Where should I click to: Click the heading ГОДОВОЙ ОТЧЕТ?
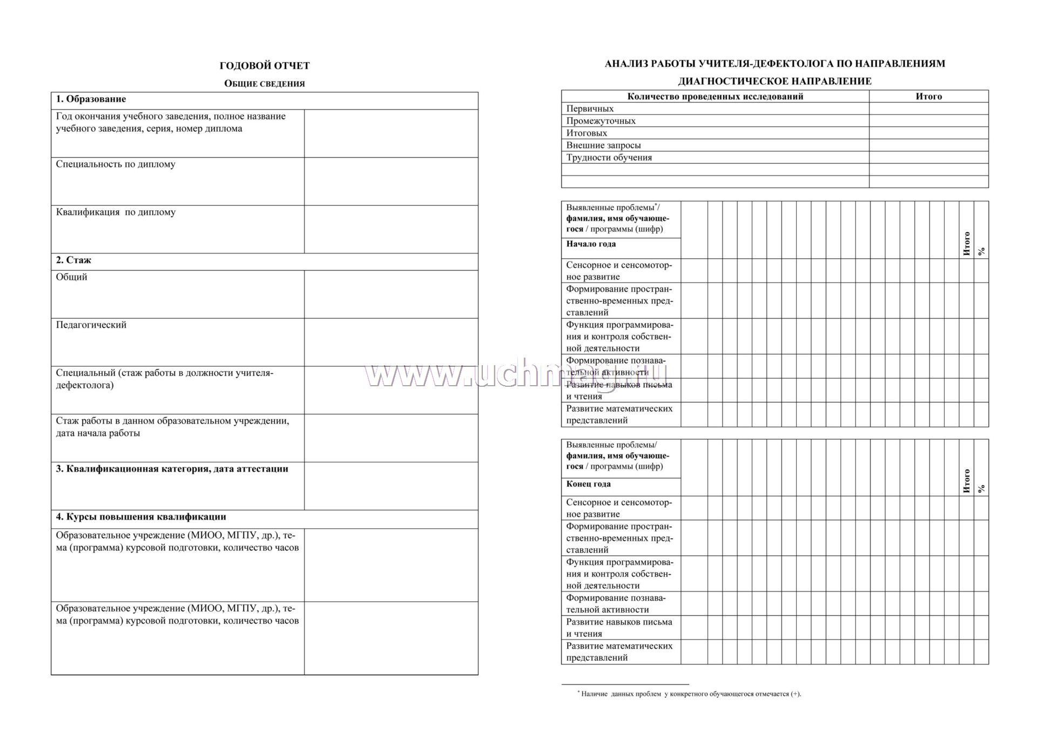tap(264, 66)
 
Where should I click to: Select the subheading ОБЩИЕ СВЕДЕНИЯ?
tap(264, 84)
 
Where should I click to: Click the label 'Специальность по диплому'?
tap(116, 164)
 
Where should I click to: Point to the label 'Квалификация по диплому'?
tap(116, 212)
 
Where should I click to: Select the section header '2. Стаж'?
tap(73, 260)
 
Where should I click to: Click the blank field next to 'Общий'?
tap(390, 294)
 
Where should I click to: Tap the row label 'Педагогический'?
tap(91, 325)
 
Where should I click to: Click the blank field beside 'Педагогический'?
tap(390, 342)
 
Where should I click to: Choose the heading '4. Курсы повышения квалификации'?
tap(141, 517)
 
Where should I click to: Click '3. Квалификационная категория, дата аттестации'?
tap(172, 469)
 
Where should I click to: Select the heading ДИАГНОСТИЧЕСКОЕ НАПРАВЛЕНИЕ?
tap(775, 82)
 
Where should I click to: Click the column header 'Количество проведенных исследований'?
tap(715, 97)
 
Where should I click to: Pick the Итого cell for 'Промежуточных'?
tap(928, 121)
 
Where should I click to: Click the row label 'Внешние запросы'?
tap(603, 145)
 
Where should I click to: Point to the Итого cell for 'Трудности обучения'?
tap(928, 158)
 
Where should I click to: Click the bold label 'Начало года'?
tap(591, 244)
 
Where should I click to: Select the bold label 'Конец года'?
tap(588, 485)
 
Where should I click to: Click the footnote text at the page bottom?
tap(691, 694)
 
